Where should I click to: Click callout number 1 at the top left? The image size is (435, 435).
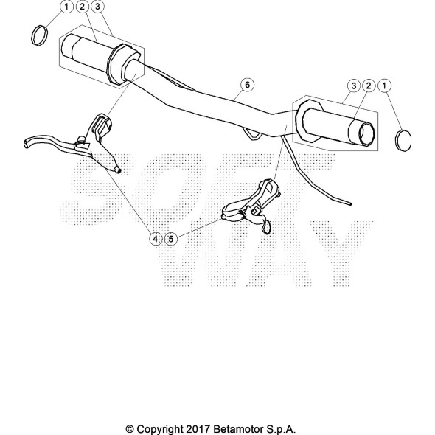tap(66, 7)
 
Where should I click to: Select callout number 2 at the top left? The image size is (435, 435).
tap(82, 7)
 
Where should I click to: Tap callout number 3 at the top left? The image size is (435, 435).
tap(97, 7)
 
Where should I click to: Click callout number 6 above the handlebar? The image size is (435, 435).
tap(247, 85)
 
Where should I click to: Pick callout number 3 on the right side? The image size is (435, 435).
tap(354, 86)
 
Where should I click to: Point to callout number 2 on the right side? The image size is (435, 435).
tap(369, 86)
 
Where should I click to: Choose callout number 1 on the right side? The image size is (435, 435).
tap(384, 86)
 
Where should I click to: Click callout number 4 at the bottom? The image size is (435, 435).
tap(156, 239)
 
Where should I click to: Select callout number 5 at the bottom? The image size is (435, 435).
tap(171, 239)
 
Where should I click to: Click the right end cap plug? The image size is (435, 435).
tap(403, 140)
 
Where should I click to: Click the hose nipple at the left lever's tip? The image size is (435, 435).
tap(118, 170)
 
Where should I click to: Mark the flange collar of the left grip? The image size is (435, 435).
tap(119, 64)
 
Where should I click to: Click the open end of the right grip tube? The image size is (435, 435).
tap(366, 134)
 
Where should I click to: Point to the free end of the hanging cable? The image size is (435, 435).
tap(351, 204)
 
